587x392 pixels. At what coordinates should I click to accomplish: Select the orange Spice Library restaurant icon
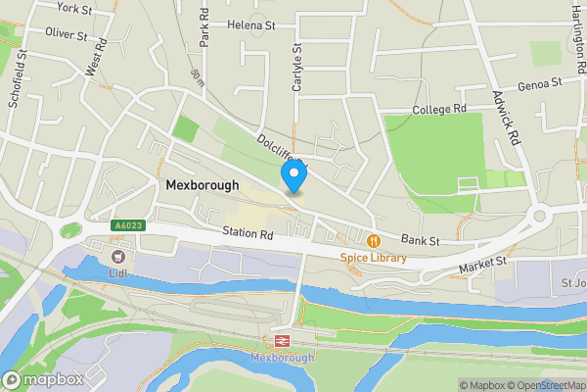tap(373, 240)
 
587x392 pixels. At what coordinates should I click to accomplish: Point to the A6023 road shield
tap(126, 225)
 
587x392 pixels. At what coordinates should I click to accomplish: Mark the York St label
tap(74, 8)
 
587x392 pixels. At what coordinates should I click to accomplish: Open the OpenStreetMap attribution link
tap(541, 385)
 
